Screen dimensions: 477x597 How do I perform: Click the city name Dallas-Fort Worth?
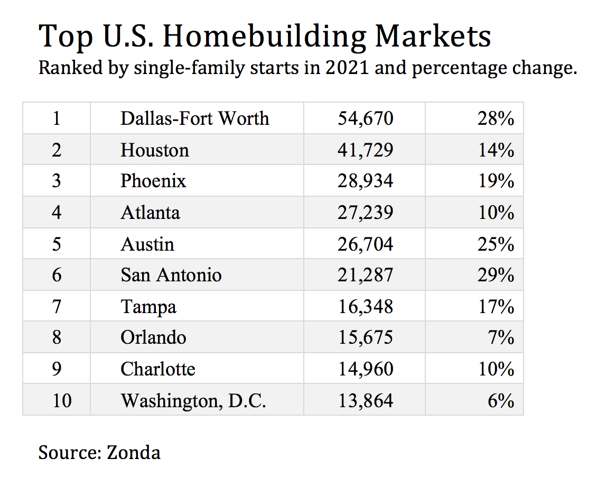coord(194,118)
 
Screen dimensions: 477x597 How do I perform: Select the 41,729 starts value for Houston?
coord(366,150)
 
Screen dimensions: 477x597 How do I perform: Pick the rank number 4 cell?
coord(57,213)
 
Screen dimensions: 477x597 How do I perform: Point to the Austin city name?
coord(147,244)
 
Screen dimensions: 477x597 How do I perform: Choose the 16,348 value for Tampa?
coord(366,307)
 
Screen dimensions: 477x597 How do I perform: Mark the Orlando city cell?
coord(153,337)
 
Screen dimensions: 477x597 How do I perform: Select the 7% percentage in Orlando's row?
coord(501,337)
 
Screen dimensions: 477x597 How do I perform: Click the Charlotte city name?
coord(157,369)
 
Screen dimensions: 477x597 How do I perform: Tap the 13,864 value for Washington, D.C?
coord(366,400)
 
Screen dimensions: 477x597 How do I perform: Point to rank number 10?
coord(62,400)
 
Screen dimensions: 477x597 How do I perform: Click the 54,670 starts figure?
coord(366,118)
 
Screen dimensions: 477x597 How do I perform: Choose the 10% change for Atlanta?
coord(496,213)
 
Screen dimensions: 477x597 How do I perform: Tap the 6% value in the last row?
coord(501,400)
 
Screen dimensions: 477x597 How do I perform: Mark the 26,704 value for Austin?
coord(366,244)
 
